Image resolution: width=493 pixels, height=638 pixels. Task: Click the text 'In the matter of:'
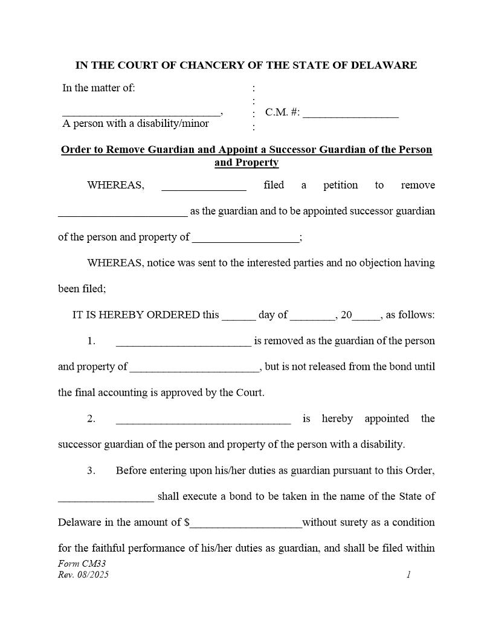[98, 88]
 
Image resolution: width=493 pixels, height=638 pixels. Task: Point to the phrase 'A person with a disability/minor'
[136, 124]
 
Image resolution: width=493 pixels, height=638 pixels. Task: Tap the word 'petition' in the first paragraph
[340, 185]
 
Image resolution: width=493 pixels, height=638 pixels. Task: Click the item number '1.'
[91, 341]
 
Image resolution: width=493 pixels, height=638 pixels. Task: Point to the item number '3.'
[91, 471]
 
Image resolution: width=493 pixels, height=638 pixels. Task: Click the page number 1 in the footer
[408, 575]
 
